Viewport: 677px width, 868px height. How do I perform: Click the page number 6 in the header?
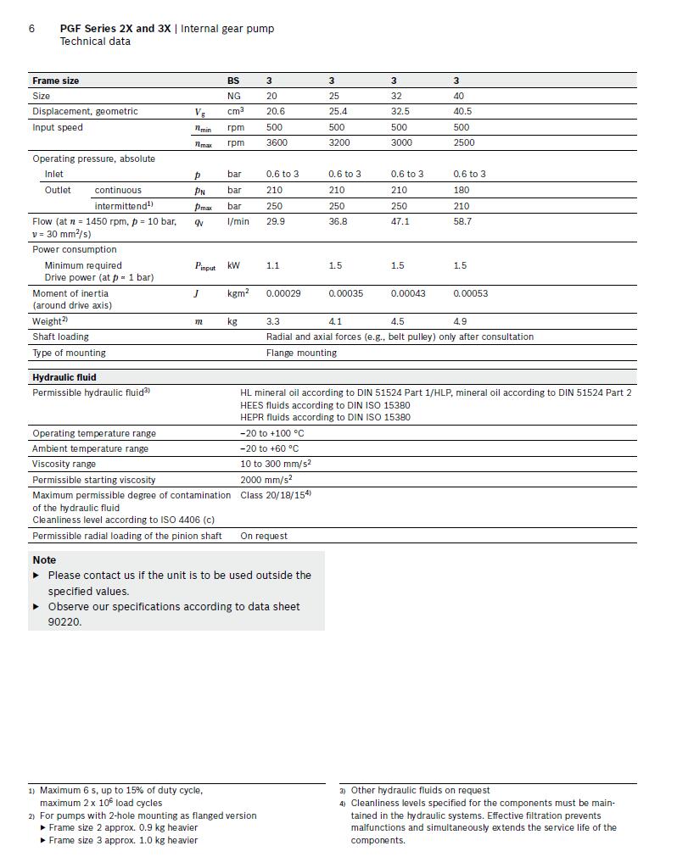31,28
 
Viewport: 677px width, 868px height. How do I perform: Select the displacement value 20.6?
276,112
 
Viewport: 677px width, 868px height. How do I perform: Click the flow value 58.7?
462,221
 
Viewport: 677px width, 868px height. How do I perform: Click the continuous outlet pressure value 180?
462,190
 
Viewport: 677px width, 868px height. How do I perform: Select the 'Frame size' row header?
56,81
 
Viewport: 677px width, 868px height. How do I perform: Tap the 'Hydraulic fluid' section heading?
64,377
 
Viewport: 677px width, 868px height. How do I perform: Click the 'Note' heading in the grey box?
44,560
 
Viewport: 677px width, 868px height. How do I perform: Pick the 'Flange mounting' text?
301,353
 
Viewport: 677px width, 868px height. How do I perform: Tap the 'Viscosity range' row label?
64,465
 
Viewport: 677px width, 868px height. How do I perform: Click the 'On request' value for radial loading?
264,536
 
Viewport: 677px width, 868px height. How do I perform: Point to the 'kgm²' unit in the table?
238,293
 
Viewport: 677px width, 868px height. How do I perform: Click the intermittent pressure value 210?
462,206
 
